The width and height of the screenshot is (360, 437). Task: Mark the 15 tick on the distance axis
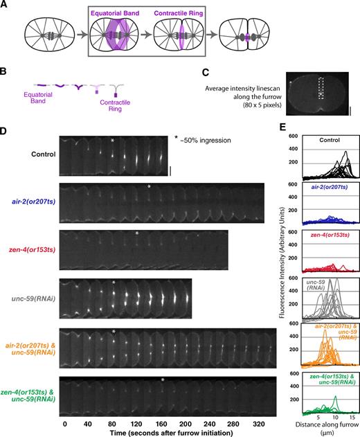pos(352,419)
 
